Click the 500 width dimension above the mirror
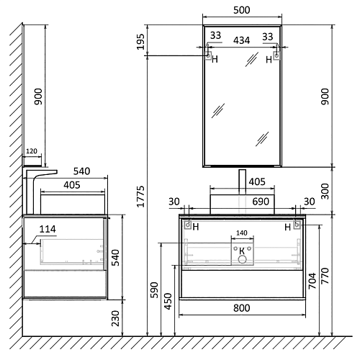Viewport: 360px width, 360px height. coord(242,10)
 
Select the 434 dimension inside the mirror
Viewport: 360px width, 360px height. coord(241,40)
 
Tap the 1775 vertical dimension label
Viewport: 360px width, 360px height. coord(140,197)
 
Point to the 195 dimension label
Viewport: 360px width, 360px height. coord(140,42)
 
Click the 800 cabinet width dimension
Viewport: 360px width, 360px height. coord(242,308)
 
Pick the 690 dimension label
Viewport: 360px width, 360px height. coord(261,202)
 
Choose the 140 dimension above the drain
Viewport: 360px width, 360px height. coord(242,233)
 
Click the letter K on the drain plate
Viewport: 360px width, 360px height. coord(242,251)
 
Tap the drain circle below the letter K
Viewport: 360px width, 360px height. coord(242,259)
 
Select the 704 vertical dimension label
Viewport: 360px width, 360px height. coord(312,281)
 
